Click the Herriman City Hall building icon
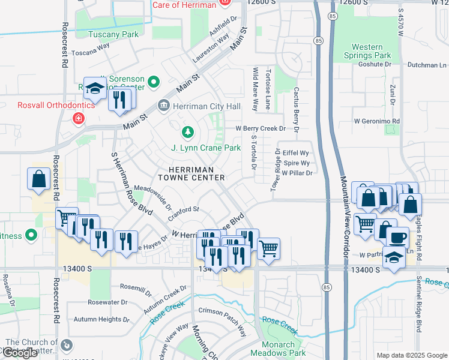(x=163, y=106)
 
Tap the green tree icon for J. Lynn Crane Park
(x=188, y=131)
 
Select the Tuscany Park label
(x=97, y=35)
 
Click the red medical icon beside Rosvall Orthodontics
(x=77, y=119)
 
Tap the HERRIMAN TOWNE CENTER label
(x=191, y=173)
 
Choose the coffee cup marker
(x=397, y=237)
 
